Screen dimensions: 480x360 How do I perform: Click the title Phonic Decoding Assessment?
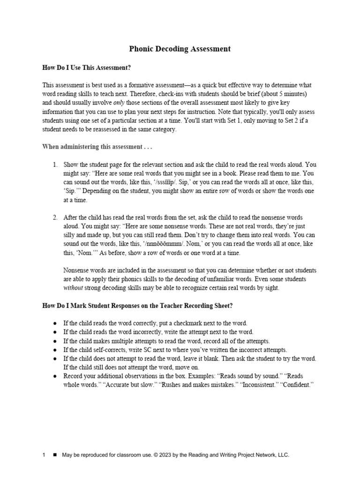[x=180, y=49]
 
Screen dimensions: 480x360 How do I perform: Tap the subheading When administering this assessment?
[x=97, y=147]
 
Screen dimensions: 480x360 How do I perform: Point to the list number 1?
[x=54, y=165]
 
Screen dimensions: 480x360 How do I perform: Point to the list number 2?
[x=54, y=217]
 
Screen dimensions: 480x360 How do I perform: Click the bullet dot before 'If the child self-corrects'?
[x=55, y=350]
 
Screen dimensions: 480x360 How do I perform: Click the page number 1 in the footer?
[x=44, y=455]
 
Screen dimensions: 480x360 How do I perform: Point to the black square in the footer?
[x=54, y=455]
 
